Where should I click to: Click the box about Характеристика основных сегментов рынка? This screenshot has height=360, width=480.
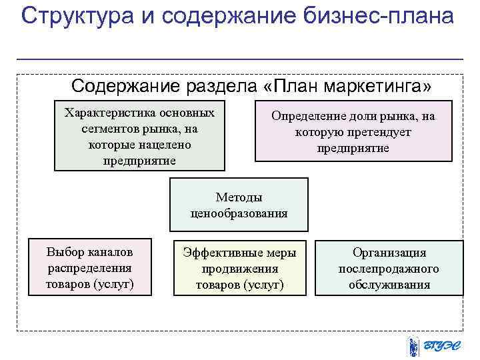(x=139, y=136)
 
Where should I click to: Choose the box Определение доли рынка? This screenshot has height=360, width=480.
(x=353, y=131)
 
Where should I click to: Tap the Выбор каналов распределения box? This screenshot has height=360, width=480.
(x=89, y=267)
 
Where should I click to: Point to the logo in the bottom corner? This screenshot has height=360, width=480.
(x=433, y=346)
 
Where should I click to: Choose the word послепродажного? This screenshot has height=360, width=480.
(x=389, y=269)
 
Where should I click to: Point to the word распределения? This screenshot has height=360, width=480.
(x=89, y=268)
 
